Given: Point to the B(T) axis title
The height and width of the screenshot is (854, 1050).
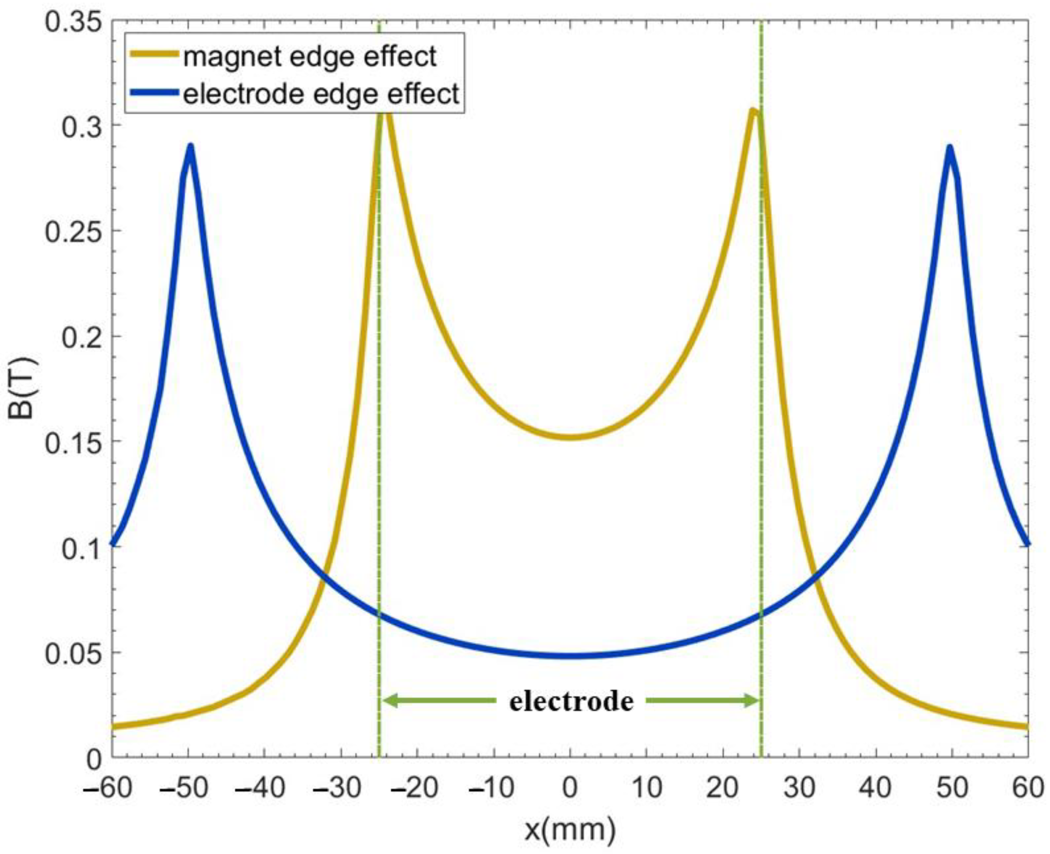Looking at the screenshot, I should click(x=21, y=389).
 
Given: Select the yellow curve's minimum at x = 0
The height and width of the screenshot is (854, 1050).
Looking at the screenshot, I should click(x=570, y=437).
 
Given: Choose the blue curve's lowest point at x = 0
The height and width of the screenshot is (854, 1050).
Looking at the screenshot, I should click(x=570, y=656).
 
